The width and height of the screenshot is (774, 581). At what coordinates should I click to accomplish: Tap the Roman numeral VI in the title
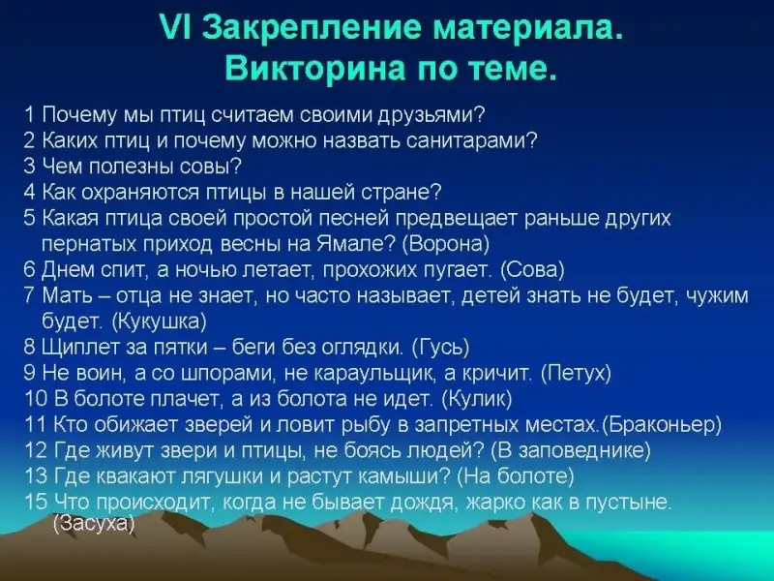(x=177, y=28)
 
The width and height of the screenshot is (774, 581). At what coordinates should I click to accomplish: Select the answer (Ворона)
(x=446, y=244)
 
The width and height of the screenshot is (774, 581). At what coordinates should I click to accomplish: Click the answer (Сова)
(x=533, y=270)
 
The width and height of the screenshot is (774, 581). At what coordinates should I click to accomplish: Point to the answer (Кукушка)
(x=160, y=321)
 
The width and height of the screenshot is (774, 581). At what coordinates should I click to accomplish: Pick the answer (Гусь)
(x=440, y=348)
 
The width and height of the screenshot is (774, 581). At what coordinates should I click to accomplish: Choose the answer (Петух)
(x=576, y=373)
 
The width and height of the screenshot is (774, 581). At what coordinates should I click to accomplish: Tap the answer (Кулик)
(x=477, y=399)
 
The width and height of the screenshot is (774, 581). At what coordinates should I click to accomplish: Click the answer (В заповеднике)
(x=571, y=450)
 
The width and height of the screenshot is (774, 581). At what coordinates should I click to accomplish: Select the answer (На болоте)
(x=516, y=475)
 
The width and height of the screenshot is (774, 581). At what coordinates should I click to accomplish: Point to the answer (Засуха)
(x=94, y=523)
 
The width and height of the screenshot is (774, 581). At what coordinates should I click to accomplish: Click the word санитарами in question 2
(x=472, y=141)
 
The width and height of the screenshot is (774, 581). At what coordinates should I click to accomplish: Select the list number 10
(x=36, y=398)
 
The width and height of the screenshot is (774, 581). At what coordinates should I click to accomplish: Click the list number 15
(x=36, y=502)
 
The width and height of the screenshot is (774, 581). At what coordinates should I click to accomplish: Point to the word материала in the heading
(x=526, y=28)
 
